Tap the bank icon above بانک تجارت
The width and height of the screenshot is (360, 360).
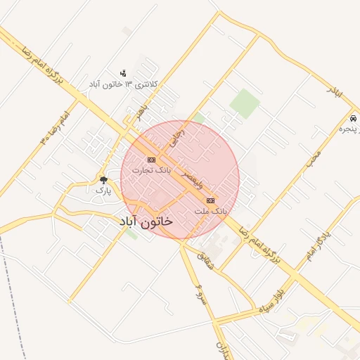(152, 160)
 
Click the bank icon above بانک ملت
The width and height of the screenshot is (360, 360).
(211, 200)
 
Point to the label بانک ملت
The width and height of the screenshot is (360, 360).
(210, 210)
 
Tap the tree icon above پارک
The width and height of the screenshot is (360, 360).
(103, 180)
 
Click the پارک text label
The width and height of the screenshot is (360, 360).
(103, 190)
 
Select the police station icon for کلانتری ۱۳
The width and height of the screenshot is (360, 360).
(124, 73)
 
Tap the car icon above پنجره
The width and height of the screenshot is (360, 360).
(352, 118)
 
